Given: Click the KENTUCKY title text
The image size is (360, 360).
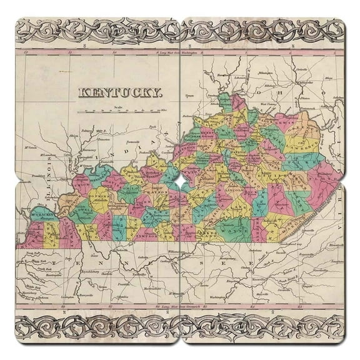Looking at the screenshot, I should (x=119, y=94).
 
